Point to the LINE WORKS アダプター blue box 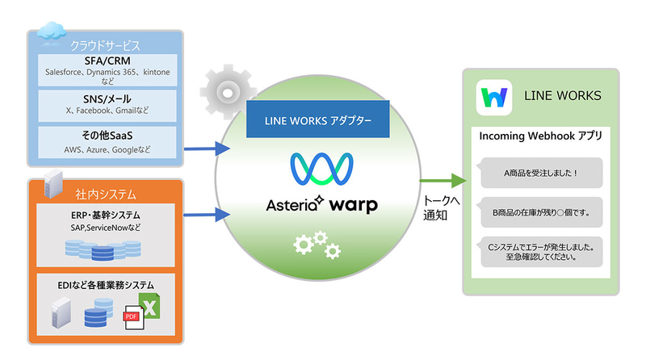pyautogui.click(x=318, y=119)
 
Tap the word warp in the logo pyautogui.click(x=353, y=204)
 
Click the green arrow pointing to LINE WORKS pyautogui.click(x=444, y=180)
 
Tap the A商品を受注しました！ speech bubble pyautogui.click(x=540, y=172)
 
